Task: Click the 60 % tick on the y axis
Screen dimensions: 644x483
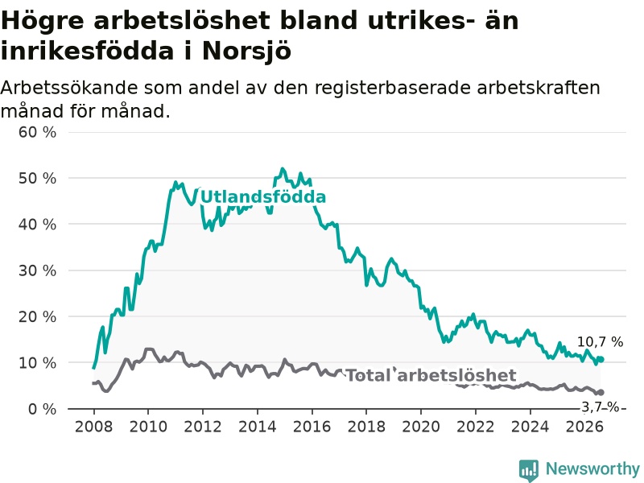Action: tap(37, 132)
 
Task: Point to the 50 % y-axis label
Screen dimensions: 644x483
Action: tap(37, 178)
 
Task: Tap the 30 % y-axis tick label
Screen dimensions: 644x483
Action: tap(37, 270)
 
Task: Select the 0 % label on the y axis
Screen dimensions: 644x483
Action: tap(42, 409)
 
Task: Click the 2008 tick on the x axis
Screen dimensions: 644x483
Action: tap(93, 427)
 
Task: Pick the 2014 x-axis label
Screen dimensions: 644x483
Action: tap(257, 427)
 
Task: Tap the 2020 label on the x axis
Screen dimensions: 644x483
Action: tap(421, 427)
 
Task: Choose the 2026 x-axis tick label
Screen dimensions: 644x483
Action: tap(584, 427)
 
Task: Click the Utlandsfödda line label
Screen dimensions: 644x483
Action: tap(263, 197)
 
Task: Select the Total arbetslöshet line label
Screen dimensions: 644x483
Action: tap(431, 375)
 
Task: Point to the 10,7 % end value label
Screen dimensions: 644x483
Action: tap(600, 341)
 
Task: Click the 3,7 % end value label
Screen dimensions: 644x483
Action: tap(600, 407)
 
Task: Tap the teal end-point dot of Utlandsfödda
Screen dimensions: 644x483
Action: tap(601, 359)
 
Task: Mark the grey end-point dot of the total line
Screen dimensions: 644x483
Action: tap(601, 393)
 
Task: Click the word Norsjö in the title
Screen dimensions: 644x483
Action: tap(247, 52)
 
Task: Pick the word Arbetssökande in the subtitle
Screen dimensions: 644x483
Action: tap(69, 88)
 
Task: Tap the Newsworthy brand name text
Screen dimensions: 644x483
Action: tap(592, 469)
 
